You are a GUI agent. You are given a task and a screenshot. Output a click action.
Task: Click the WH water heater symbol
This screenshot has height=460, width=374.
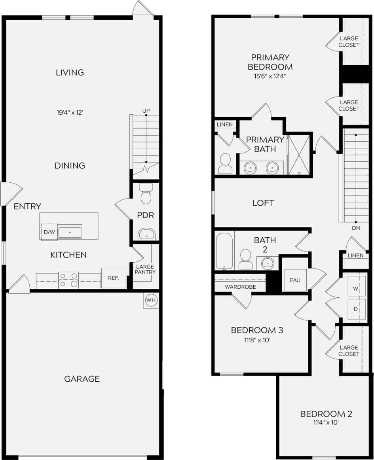[151, 300]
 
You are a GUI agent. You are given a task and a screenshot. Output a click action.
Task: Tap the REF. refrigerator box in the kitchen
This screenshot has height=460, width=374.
[114, 278]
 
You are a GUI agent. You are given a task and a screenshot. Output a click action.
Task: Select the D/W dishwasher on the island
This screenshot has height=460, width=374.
[49, 232]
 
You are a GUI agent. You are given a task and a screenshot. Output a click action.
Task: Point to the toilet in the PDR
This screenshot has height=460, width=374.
[146, 194]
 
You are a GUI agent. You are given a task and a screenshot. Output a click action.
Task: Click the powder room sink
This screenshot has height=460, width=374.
[146, 235]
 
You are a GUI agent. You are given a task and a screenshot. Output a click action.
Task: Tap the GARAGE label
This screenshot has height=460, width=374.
[82, 379]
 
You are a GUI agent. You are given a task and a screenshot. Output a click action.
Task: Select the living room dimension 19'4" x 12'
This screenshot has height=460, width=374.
[70, 112]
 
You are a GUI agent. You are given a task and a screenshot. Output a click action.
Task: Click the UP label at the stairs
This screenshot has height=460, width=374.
[146, 110]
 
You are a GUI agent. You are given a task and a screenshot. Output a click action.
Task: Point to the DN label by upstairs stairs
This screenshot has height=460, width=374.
[355, 228]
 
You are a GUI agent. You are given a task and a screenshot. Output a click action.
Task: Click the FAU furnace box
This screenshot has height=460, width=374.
[295, 280]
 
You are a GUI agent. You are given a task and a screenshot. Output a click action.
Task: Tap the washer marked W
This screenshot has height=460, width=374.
[356, 289]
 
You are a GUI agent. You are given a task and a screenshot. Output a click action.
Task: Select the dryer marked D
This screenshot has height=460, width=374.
[356, 308]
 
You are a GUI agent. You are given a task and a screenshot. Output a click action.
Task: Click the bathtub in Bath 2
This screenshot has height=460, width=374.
[224, 251]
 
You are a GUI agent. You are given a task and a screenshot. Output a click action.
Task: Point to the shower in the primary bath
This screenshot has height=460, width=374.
[299, 155]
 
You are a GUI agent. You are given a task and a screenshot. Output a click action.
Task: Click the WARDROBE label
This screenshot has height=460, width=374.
[240, 287]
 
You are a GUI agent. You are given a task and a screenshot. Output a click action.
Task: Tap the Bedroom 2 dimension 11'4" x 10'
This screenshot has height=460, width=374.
[326, 422]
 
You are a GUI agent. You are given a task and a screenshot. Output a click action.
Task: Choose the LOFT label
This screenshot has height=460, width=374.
[263, 203]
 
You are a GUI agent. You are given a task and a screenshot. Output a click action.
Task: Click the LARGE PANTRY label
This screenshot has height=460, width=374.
[144, 269]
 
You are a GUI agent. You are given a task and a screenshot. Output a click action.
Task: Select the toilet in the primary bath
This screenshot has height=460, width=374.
[226, 164]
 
